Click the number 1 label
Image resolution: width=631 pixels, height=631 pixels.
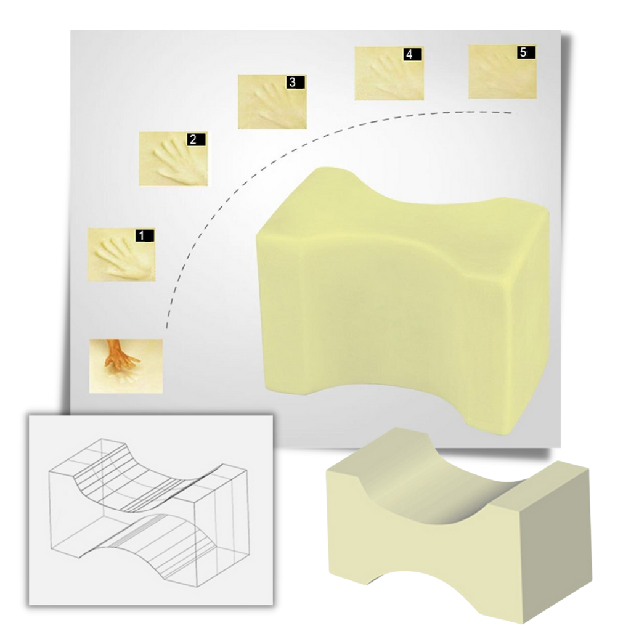142,235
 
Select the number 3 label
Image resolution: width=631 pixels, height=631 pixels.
292,81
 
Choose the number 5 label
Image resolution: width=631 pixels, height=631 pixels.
523,53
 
